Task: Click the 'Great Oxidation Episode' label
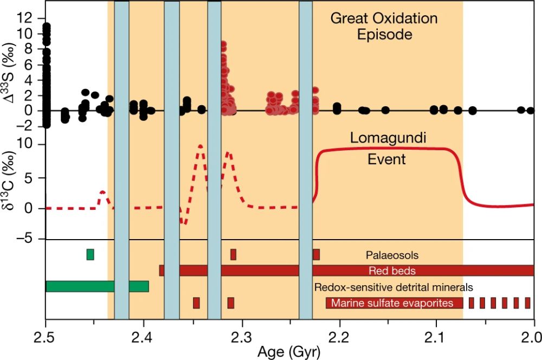(x=384, y=27)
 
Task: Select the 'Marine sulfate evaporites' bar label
(x=392, y=303)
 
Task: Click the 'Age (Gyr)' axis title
(x=290, y=351)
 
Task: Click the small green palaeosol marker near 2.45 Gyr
(x=90, y=254)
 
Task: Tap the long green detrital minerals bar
(x=97, y=286)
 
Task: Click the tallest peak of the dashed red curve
(x=201, y=146)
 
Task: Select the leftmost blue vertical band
(x=121, y=160)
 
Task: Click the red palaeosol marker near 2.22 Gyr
(x=316, y=254)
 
